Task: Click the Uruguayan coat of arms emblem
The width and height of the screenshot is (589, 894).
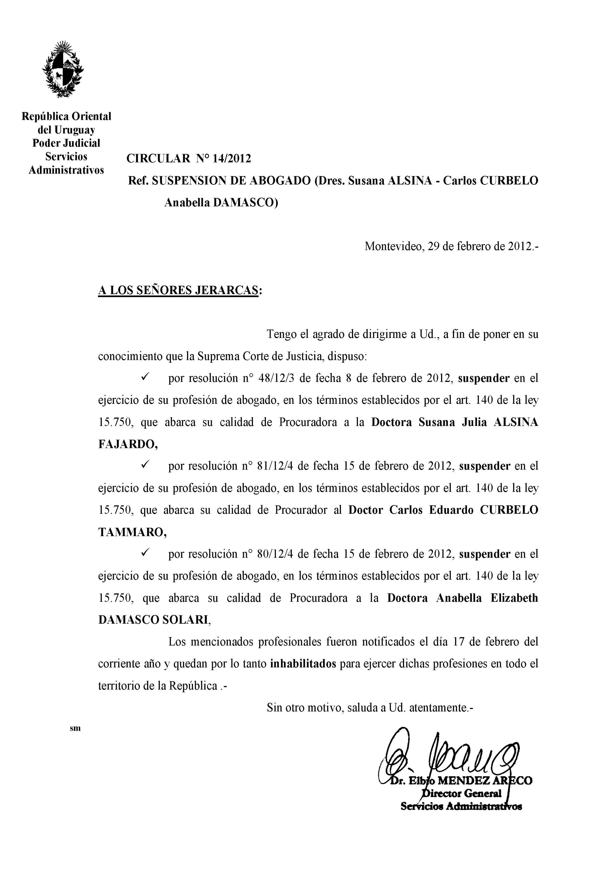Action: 63,69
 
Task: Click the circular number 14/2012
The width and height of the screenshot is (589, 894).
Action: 231,159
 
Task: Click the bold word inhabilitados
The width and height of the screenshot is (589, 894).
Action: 303,664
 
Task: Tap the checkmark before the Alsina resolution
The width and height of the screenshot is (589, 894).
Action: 146,377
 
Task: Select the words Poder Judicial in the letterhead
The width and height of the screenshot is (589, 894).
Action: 66,143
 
